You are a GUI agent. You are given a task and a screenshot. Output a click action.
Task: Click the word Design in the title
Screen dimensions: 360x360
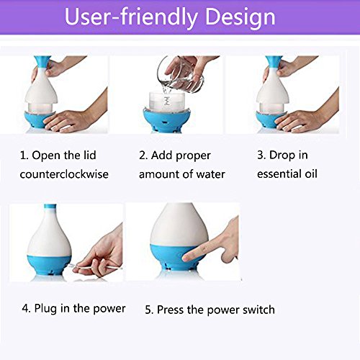pos(240,17)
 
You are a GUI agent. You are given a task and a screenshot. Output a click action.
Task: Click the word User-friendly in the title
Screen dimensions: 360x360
pos(132,17)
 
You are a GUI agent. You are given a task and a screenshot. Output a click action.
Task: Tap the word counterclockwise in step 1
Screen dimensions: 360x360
pos(64,174)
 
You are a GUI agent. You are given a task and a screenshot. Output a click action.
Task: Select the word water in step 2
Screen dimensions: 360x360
pos(211,174)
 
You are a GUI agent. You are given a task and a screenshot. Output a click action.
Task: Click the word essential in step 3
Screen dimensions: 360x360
pos(279,174)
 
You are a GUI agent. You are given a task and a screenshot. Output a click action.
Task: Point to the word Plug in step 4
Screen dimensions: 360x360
pos(46,308)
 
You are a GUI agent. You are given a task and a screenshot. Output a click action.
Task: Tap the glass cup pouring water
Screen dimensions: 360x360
pos(181,73)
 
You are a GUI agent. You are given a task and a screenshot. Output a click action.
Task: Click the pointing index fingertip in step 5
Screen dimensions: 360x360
pos(186,258)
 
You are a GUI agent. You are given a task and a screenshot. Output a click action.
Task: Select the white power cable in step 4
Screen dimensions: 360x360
pos(96,267)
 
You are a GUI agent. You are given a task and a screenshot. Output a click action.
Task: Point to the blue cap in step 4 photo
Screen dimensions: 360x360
pos(50,206)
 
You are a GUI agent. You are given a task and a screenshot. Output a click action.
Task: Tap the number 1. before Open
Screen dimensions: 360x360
pos(24,156)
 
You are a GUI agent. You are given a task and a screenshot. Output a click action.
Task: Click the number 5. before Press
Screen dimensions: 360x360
pos(149,310)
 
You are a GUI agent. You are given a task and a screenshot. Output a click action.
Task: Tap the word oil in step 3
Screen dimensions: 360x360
pos(311,174)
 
